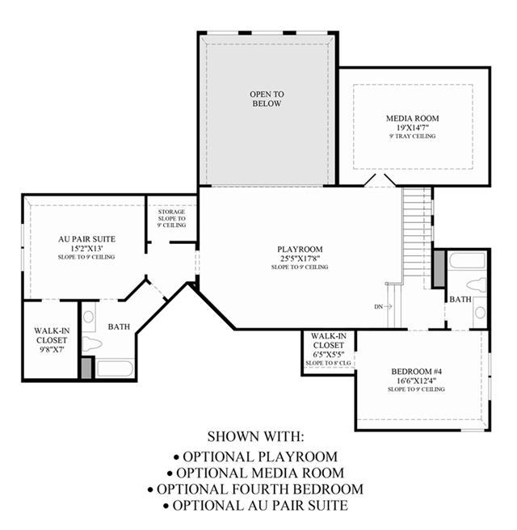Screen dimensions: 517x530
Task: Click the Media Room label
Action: pyautogui.click(x=412, y=118)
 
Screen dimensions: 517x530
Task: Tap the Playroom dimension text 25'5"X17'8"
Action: pyautogui.click(x=300, y=259)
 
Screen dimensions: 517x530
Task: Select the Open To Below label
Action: pyautogui.click(x=267, y=99)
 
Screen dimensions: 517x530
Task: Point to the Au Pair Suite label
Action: pyautogui.click(x=87, y=239)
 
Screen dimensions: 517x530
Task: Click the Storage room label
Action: pyautogui.click(x=171, y=212)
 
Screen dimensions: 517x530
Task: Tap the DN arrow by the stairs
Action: pyautogui.click(x=388, y=306)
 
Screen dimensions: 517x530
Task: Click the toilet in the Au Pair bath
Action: pyautogui.click(x=91, y=344)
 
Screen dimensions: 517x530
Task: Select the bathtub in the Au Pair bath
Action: pyautogui.click(x=114, y=368)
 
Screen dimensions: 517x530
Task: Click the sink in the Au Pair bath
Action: pyautogui.click(x=89, y=317)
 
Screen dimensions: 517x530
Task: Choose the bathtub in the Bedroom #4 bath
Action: pyautogui.click(x=468, y=261)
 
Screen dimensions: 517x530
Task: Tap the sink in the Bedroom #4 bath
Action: pyautogui.click(x=480, y=313)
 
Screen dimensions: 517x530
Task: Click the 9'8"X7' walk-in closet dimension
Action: pyautogui.click(x=52, y=350)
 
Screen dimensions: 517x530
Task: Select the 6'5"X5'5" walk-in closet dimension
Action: pyautogui.click(x=329, y=355)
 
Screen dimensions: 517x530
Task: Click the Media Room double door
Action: pyautogui.click(x=380, y=180)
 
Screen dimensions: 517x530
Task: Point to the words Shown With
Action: pyautogui.click(x=256, y=436)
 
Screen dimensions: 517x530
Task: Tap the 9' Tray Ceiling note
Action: pyautogui.click(x=412, y=137)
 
